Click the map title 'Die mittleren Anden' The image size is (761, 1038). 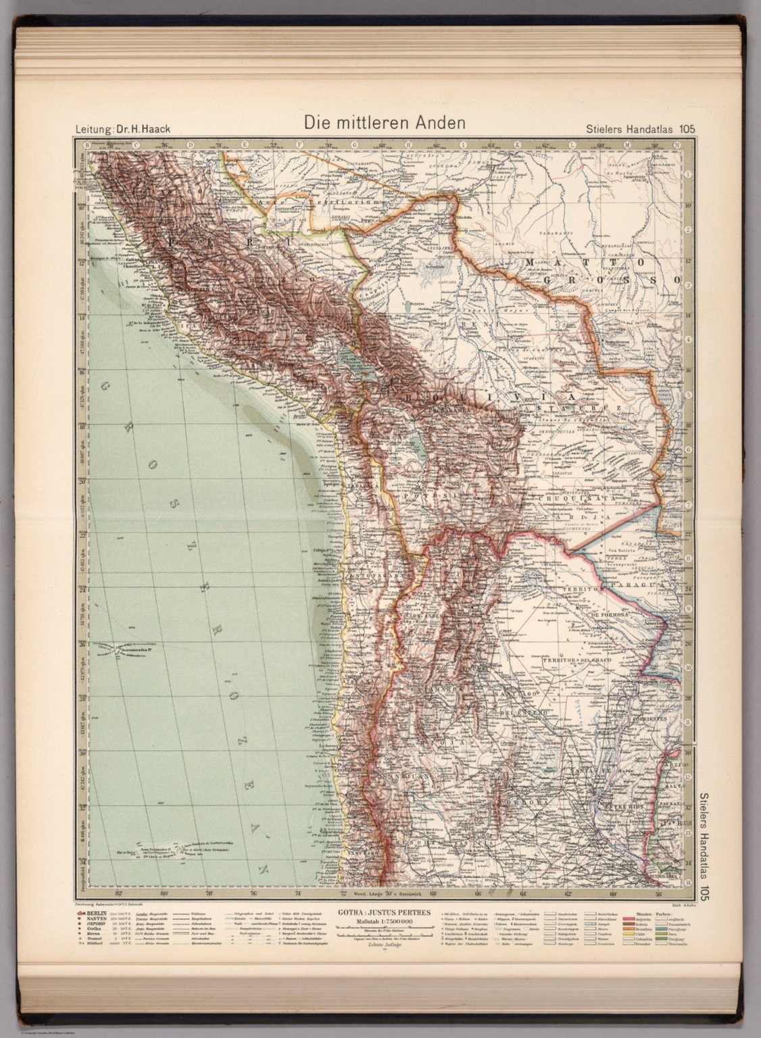(384, 123)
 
